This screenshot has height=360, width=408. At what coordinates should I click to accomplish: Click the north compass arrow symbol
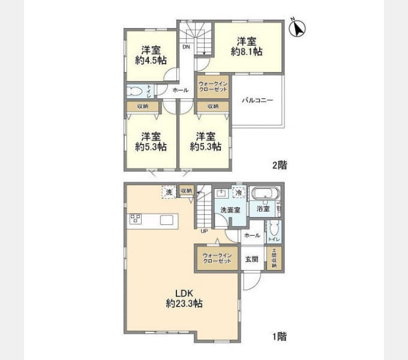(x=298, y=28)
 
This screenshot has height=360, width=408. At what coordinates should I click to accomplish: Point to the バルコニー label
(x=257, y=100)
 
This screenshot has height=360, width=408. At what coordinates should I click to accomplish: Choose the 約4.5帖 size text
(x=151, y=60)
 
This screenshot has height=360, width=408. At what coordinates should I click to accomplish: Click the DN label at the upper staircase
(x=187, y=47)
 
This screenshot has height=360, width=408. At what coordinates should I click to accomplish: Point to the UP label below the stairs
(x=204, y=230)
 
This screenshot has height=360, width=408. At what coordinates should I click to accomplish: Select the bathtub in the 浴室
(x=263, y=194)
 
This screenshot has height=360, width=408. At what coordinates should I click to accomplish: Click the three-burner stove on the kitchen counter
(x=135, y=219)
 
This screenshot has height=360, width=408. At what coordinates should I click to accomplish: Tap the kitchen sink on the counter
(x=167, y=220)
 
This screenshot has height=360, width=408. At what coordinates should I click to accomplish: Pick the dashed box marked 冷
(x=239, y=193)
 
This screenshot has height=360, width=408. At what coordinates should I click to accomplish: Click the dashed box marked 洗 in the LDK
(x=168, y=191)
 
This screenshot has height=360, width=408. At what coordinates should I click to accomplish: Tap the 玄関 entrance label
(x=251, y=260)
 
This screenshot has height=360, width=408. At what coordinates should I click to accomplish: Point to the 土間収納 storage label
(x=274, y=257)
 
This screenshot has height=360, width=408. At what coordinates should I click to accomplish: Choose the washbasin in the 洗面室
(x=221, y=193)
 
